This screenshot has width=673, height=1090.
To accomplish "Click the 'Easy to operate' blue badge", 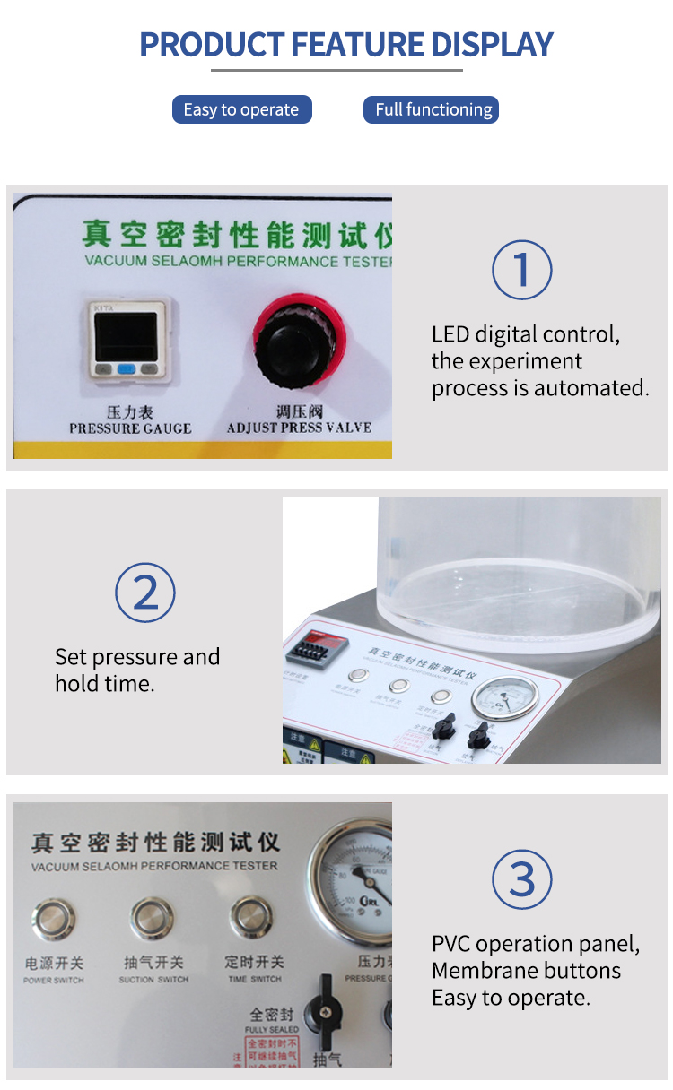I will (241, 110).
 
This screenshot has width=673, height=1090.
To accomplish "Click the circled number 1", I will (521, 269).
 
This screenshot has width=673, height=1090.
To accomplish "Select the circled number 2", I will (144, 593).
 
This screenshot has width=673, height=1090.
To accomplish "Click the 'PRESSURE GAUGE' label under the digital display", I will (130, 428).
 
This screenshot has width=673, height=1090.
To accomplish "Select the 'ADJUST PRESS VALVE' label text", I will (299, 428).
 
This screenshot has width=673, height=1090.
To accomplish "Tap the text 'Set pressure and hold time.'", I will (136, 670).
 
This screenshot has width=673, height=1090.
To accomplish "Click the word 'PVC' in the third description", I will (451, 944).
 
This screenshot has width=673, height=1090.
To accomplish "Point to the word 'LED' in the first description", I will (450, 335).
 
